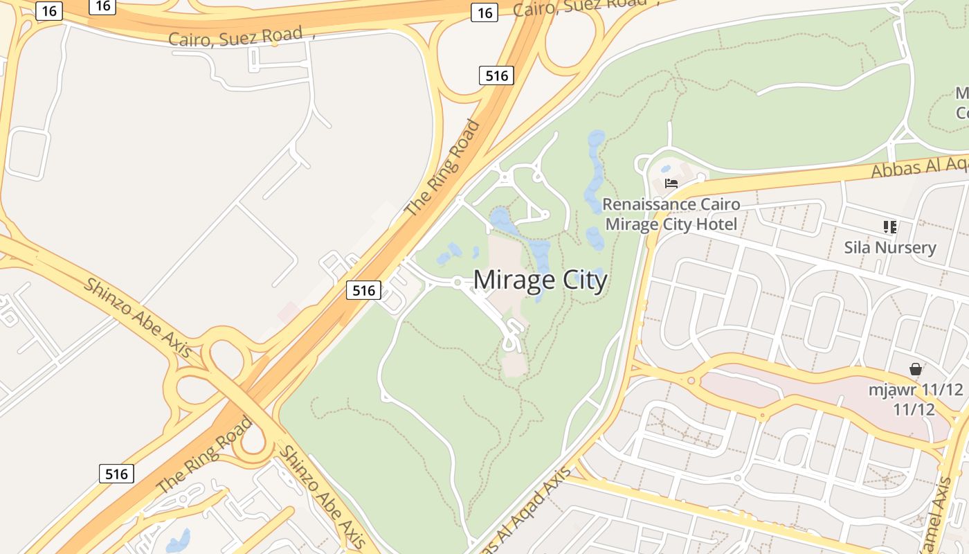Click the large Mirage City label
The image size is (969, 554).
click(540, 280)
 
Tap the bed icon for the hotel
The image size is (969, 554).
click(671, 183)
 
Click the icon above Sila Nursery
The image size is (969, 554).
click(890, 226)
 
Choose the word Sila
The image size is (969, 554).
click(857, 248)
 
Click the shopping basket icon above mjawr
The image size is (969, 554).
click(916, 369)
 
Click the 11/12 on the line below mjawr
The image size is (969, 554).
click(914, 409)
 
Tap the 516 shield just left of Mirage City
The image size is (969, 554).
click(363, 290)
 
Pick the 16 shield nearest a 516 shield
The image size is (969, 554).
click(484, 12)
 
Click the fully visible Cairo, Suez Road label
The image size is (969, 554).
click(235, 36)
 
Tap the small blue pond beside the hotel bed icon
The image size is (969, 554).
click(666, 168)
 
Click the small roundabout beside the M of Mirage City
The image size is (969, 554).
click(457, 282)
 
